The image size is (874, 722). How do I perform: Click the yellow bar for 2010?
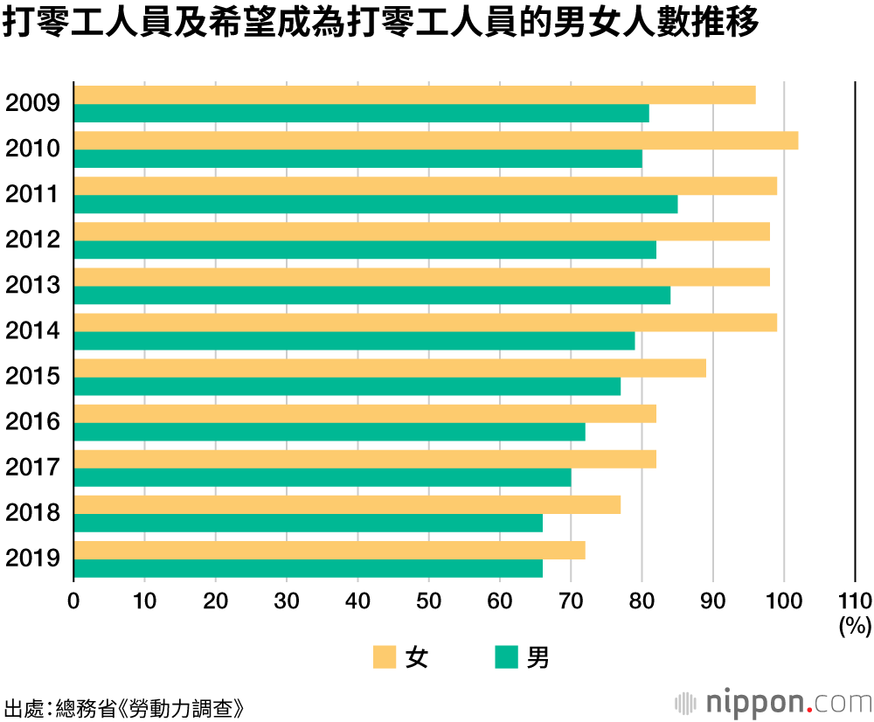tap(436, 141)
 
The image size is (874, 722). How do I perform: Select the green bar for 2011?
tap(376, 205)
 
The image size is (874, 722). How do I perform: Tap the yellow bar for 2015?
tap(390, 368)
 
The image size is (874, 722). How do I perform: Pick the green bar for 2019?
tap(309, 568)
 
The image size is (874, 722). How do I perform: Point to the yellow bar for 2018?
tap(347, 504)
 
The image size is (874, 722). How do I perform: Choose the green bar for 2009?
tap(362, 114)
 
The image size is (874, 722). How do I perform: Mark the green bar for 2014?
tap(355, 341)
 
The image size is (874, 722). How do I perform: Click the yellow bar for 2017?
tap(365, 459)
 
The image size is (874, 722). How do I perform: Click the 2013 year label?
tap(32, 285)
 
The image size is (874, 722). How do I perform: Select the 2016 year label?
tap(32, 421)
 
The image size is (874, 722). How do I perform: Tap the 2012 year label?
tap(32, 240)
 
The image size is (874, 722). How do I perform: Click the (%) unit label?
tap(854, 625)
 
